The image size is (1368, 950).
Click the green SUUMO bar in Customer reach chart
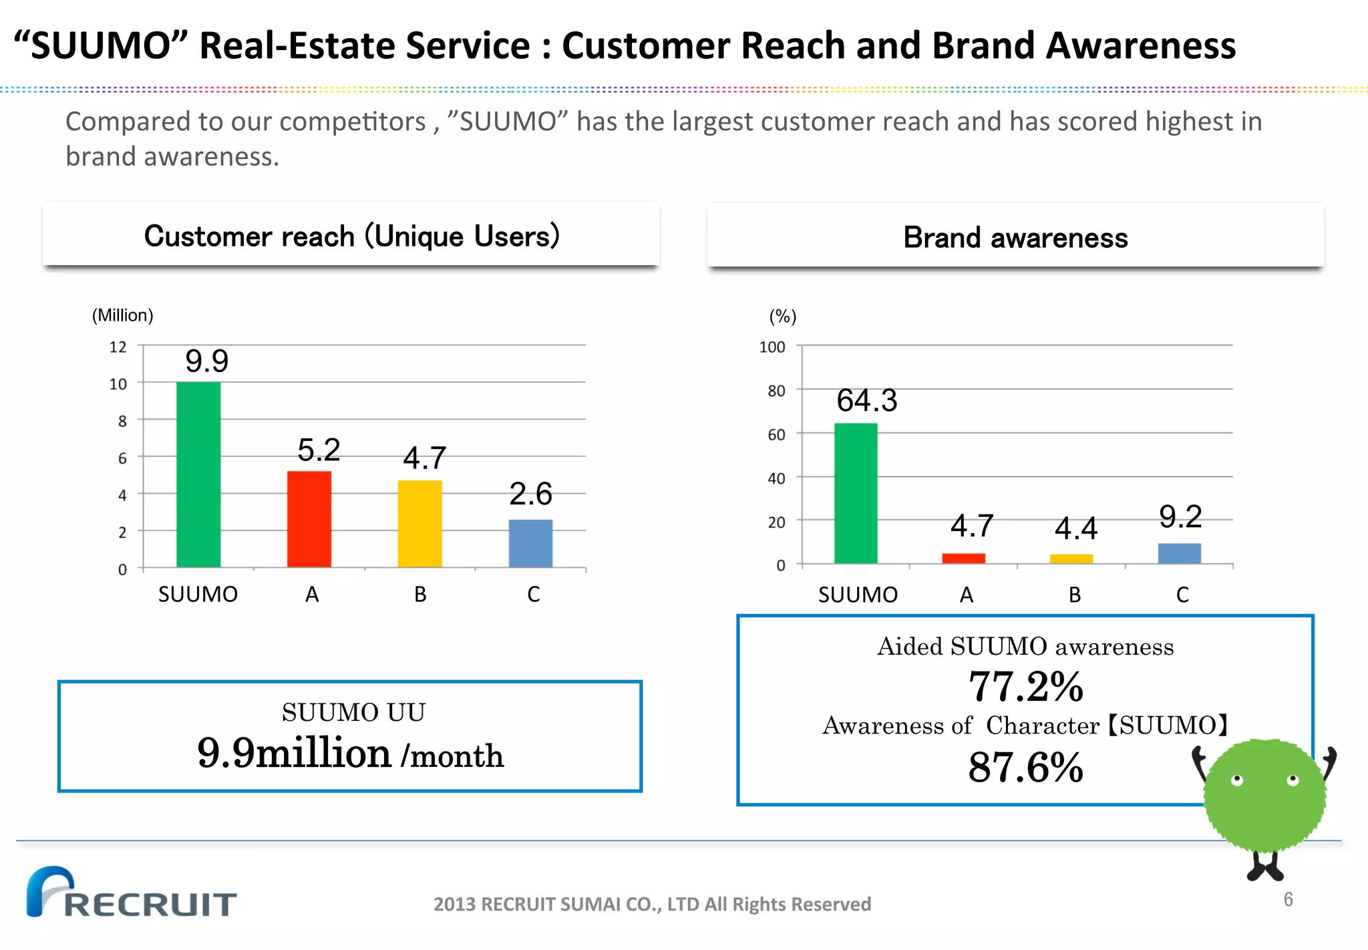coord(198,474)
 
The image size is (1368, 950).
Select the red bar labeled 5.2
coord(309,519)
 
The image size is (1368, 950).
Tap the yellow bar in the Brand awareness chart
coord(1071,559)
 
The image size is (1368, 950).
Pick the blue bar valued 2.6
coord(530,543)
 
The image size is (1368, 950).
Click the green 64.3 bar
coord(856,493)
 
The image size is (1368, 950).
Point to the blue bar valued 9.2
coord(1179,553)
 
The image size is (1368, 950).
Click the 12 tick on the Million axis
coord(118,347)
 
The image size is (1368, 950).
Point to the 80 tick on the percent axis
coord(776,391)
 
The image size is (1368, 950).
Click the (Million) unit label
coord(122,315)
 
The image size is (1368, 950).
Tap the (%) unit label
coord(783,317)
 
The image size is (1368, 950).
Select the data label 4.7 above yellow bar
coord(424,458)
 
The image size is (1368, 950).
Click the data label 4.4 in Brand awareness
coord(1075,529)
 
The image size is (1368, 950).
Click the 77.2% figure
coord(1025,687)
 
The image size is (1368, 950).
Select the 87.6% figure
coord(1025,767)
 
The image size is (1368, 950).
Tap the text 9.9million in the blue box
coord(294,753)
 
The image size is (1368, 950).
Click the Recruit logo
coord(131,893)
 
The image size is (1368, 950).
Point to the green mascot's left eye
coord(1236,780)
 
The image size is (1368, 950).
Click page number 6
coord(1288,899)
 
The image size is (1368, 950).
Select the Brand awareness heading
coord(1015,238)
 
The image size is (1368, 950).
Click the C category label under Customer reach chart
coord(533,594)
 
